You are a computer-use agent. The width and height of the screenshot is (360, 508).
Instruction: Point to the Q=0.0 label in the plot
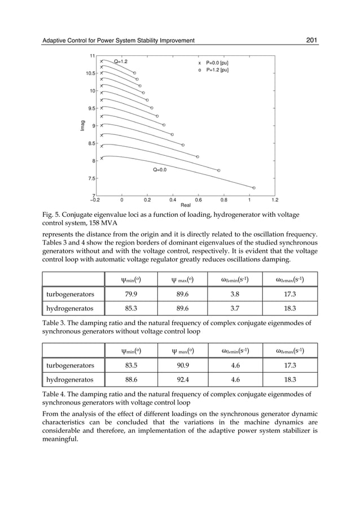pos(159,169)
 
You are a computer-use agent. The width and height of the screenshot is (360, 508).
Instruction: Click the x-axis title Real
pos(185,205)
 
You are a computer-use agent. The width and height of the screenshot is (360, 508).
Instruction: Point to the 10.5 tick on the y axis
pos(88,73)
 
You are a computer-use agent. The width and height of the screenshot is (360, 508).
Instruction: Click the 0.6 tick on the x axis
pos(198,199)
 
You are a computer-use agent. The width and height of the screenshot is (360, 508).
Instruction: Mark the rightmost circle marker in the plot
pos(254,187)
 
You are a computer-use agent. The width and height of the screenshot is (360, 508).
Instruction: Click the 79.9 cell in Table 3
pos(131,295)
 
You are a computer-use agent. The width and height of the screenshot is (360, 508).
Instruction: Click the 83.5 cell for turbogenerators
pos(131,366)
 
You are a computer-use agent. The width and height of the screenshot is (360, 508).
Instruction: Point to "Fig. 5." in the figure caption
pos(52,215)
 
